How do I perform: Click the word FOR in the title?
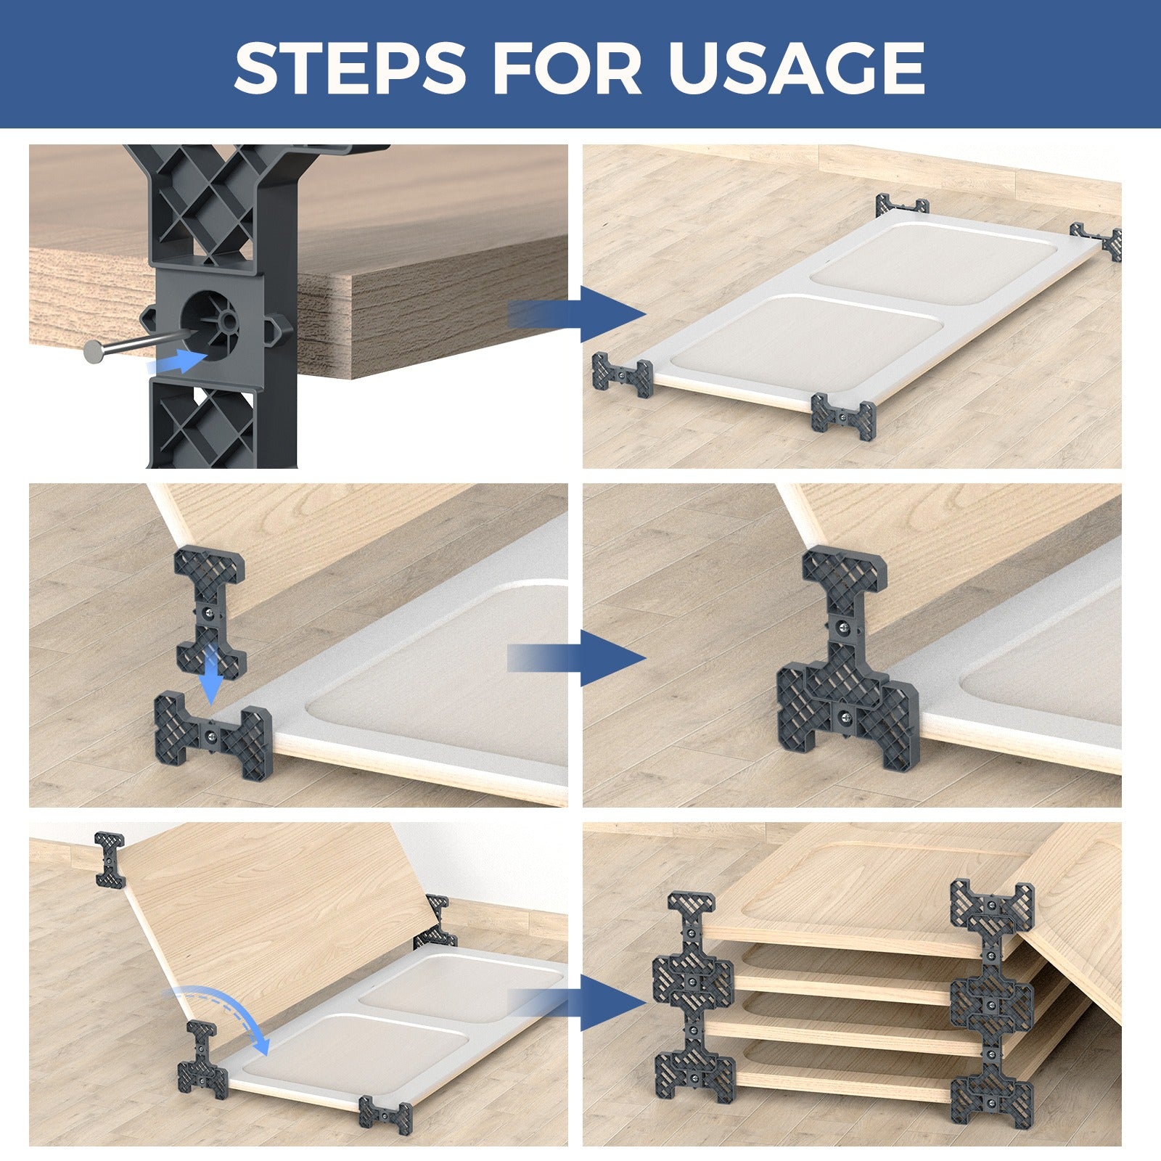click(567, 67)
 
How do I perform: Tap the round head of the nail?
click(94, 352)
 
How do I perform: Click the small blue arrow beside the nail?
click(179, 361)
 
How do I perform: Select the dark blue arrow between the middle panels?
click(580, 658)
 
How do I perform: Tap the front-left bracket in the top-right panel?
click(623, 374)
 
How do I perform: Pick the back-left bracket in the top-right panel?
click(902, 205)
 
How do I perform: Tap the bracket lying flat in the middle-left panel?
click(213, 734)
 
